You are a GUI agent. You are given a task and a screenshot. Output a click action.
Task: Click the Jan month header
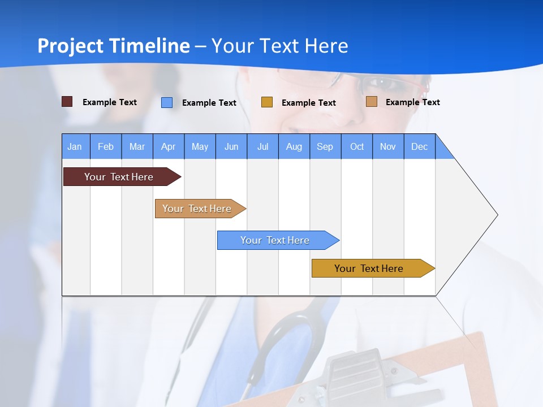75,146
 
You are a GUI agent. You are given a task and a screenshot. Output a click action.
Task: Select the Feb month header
106,146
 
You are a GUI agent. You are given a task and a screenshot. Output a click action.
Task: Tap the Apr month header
169,146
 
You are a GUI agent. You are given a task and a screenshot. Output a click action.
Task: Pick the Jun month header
231,146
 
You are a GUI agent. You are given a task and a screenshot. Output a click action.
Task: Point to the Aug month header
294,146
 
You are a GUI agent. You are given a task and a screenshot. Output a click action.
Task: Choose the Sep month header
325,146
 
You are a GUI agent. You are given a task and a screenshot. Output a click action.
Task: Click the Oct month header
357,146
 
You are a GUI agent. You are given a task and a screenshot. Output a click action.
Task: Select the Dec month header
420,146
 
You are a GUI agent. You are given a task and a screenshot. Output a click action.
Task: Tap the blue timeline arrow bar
275,240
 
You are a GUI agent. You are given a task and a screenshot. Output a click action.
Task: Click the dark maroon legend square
67,102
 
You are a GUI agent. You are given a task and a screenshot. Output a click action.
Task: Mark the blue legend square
167,102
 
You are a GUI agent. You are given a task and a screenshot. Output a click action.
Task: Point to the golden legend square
267,102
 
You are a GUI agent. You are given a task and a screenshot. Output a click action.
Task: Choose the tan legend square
372,102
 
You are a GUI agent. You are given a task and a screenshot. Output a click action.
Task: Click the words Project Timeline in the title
114,46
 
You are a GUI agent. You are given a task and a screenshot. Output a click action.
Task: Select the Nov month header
388,146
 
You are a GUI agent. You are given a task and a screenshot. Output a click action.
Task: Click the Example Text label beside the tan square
413,102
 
